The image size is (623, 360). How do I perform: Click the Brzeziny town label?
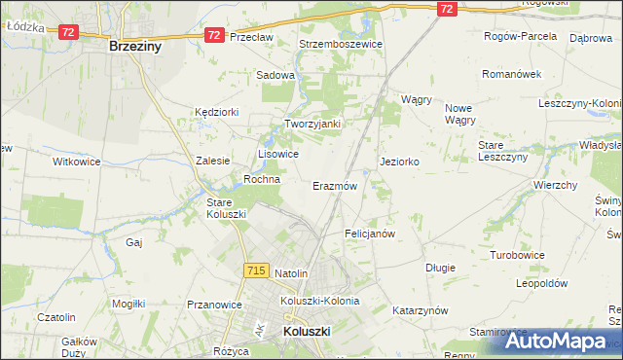(134, 46)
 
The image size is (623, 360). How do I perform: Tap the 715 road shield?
(256, 270)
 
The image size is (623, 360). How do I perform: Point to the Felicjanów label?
(370, 234)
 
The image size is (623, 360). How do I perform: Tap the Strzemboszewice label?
(342, 44)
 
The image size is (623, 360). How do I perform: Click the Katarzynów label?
(420, 310)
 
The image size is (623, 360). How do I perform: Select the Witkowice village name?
(77, 162)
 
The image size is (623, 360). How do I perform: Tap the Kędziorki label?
(216, 112)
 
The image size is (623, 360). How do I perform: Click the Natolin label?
(291, 274)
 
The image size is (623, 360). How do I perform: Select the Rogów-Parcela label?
(521, 36)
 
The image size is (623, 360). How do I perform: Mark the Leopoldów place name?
(541, 283)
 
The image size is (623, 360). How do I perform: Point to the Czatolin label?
(55, 317)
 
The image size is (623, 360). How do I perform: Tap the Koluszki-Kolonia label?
(319, 301)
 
